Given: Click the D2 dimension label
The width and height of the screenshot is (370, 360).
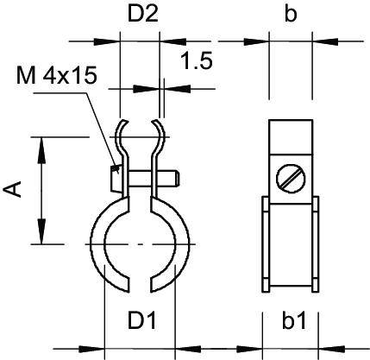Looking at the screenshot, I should coord(139,16).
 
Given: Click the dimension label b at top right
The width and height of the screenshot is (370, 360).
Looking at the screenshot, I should coord(290,16).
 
